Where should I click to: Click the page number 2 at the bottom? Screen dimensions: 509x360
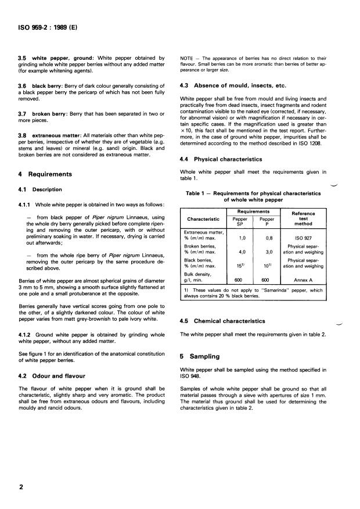(x=21, y=487)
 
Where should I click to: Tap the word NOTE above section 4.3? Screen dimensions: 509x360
(x=188, y=59)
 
